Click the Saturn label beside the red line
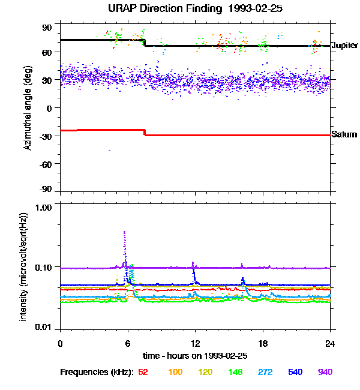pos(344,135)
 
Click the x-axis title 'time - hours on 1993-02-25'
pos(195,356)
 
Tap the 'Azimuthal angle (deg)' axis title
pos(28,108)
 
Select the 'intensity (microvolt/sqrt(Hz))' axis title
pos(24,266)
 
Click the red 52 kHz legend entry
pos(143,372)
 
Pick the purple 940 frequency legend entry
pos(325,372)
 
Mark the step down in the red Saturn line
pos(145,133)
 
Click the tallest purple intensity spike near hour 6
pos(124,232)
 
